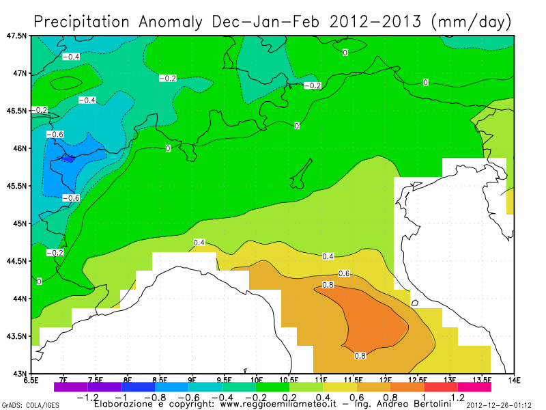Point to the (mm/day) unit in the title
[471, 22]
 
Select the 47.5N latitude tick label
[16, 36]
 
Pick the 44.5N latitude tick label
[16, 261]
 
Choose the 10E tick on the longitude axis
[257, 379]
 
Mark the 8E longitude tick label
[128, 379]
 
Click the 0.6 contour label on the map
[344, 273]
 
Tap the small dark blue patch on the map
[67, 159]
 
